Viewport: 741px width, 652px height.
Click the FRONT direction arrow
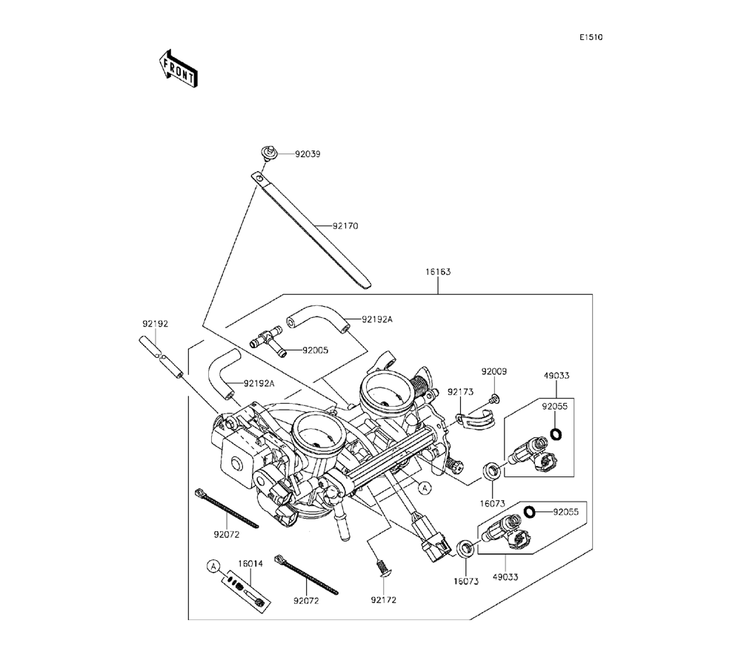[x=178, y=67]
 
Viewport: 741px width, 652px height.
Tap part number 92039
[x=308, y=154]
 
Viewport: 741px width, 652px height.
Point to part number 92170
[x=345, y=226]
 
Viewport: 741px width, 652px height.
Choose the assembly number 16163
[x=437, y=272]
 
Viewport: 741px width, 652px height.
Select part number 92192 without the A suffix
[x=156, y=324]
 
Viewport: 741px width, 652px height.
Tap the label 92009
[x=494, y=371]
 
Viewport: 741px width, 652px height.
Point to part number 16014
[x=250, y=564]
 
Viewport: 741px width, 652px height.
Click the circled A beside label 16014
[x=213, y=567]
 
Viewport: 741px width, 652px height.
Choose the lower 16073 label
[x=466, y=582]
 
